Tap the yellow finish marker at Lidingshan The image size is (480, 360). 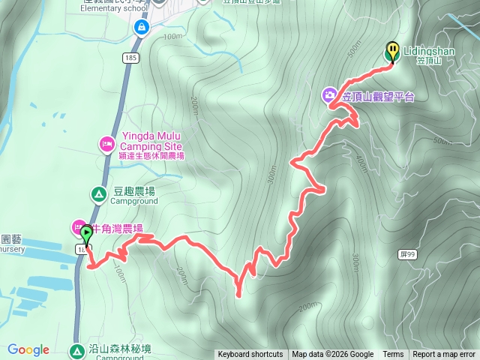click(x=392, y=51)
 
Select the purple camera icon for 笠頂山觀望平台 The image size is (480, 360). click(x=329, y=95)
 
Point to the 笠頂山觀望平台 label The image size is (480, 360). click(x=378, y=96)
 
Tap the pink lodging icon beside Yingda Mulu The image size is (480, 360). click(x=106, y=143)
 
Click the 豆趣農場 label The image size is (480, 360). click(x=134, y=190)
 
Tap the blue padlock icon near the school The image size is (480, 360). click(x=140, y=28)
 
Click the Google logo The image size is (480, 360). click(x=28, y=349)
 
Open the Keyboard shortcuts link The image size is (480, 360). click(x=250, y=355)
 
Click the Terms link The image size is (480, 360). click(x=393, y=355)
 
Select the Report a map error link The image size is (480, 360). click(x=445, y=355)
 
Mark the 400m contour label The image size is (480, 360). click(x=361, y=160)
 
